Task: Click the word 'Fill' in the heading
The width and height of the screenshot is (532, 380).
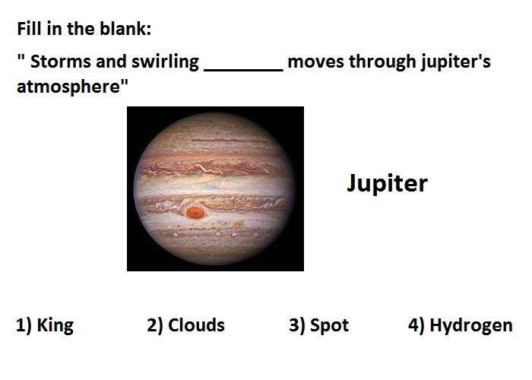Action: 29,29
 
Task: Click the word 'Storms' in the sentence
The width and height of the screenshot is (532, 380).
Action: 61,62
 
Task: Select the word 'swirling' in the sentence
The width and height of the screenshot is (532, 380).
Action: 165,63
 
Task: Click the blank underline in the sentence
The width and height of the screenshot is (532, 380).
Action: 243,70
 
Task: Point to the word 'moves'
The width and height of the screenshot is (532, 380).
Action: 315,62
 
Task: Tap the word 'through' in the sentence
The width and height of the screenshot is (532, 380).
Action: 382,63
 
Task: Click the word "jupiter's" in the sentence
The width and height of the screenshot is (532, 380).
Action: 456,63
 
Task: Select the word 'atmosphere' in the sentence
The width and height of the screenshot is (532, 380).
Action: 68,87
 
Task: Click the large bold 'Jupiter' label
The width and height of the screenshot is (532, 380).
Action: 387,184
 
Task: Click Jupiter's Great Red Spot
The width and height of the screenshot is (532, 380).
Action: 195,212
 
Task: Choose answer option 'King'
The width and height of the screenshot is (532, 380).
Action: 55,326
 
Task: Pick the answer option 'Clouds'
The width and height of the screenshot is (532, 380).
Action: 196,325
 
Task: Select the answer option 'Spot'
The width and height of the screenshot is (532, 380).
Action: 329,326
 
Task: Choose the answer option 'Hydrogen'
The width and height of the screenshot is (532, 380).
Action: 471,326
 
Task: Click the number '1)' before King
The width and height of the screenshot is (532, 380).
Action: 24,325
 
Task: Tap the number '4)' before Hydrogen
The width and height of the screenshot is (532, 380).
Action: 416,325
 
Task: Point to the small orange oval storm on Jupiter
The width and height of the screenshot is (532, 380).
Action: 237,225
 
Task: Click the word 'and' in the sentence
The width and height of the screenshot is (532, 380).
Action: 111,62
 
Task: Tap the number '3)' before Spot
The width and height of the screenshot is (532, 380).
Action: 297,325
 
